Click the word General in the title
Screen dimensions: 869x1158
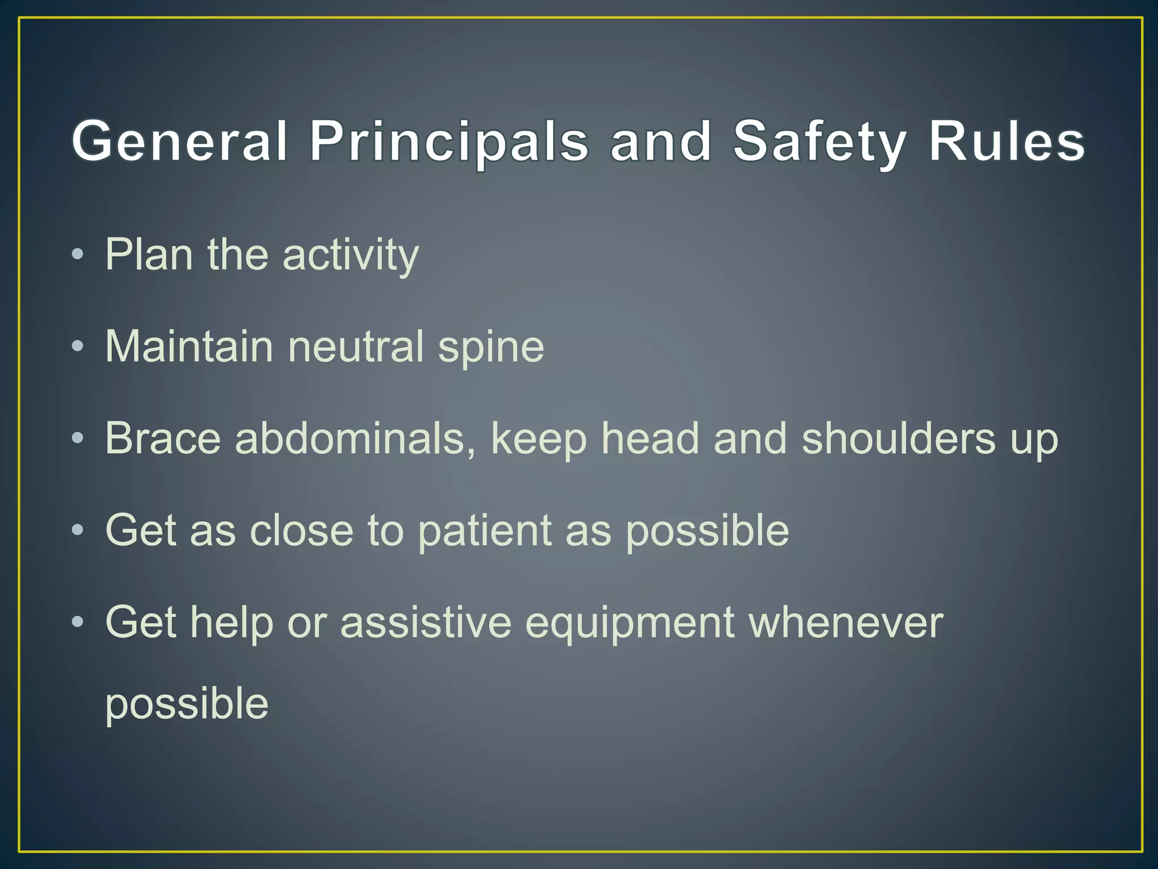[x=180, y=141]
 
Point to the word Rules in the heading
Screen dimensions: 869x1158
[x=1006, y=141]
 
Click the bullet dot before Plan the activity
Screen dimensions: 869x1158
[x=77, y=254]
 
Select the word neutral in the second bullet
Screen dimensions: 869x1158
[x=356, y=346]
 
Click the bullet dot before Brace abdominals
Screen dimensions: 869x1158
[x=77, y=438]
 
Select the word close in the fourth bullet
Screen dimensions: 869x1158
[x=301, y=530]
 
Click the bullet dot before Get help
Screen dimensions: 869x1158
[x=77, y=622]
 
